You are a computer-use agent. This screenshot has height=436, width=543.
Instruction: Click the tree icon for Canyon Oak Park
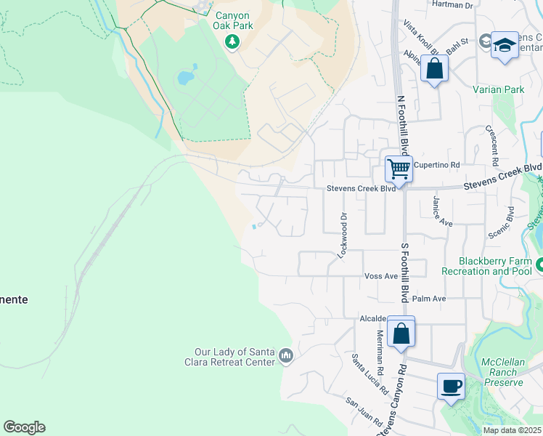point(232,42)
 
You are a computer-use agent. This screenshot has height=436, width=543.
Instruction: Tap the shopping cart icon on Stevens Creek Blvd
point(399,169)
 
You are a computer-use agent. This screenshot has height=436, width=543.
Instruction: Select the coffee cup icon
point(451,385)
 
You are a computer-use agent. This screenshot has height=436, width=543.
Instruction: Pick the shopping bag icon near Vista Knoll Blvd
point(434,69)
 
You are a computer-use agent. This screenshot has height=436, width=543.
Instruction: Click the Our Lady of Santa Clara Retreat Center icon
point(285,356)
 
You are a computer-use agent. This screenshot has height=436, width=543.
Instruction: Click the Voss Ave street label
point(381,276)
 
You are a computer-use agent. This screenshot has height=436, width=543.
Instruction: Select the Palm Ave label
point(428,299)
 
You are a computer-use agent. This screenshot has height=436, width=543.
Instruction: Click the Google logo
point(24,427)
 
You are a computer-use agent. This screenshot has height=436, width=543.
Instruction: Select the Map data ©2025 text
point(512,430)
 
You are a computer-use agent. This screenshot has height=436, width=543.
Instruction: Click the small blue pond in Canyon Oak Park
point(187,76)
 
